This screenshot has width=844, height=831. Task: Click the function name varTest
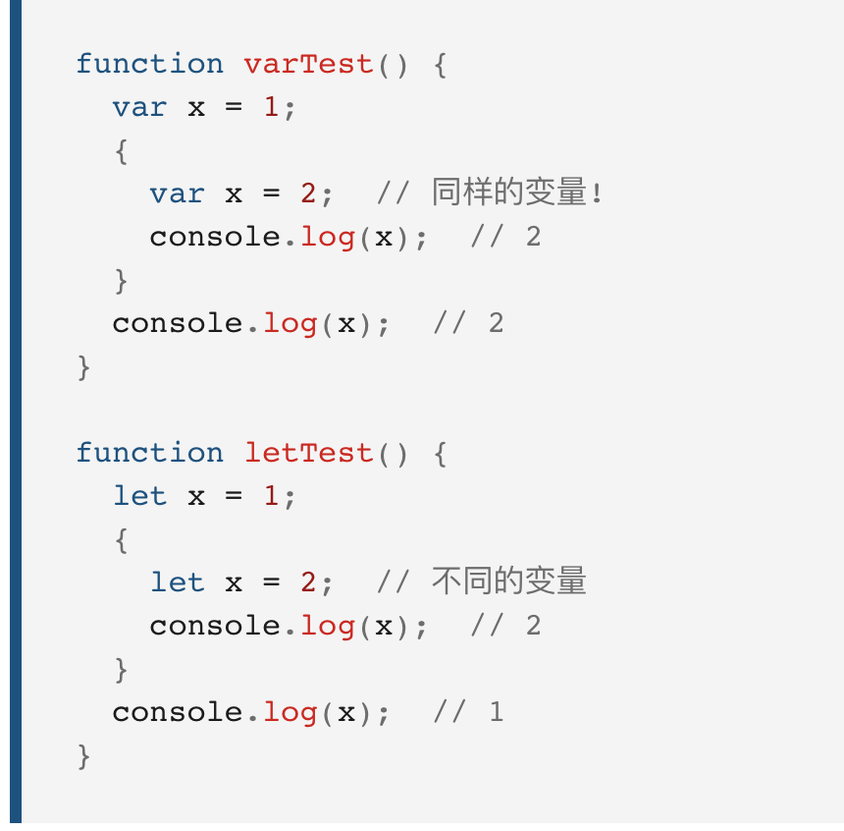click(308, 65)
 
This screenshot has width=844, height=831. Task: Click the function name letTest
click(308, 454)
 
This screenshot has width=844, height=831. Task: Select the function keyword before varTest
click(149, 65)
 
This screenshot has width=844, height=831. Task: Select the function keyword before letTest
click(149, 454)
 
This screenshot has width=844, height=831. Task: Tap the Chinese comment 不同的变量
click(508, 582)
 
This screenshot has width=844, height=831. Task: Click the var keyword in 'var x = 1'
click(139, 108)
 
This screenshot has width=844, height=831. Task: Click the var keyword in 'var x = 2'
click(177, 194)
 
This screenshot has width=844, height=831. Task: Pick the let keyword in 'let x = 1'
click(139, 497)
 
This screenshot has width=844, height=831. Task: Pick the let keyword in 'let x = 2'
click(177, 582)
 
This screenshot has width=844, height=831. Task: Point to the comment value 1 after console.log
click(497, 712)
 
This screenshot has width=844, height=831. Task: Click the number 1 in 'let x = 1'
click(272, 497)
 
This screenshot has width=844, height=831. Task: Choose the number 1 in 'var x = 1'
click(272, 108)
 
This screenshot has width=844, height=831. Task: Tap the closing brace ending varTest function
click(84, 367)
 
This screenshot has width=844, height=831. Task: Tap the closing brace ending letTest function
click(84, 756)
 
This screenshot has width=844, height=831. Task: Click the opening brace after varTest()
click(439, 65)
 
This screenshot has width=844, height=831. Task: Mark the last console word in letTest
click(177, 712)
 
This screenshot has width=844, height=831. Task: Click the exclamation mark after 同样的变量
click(597, 194)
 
